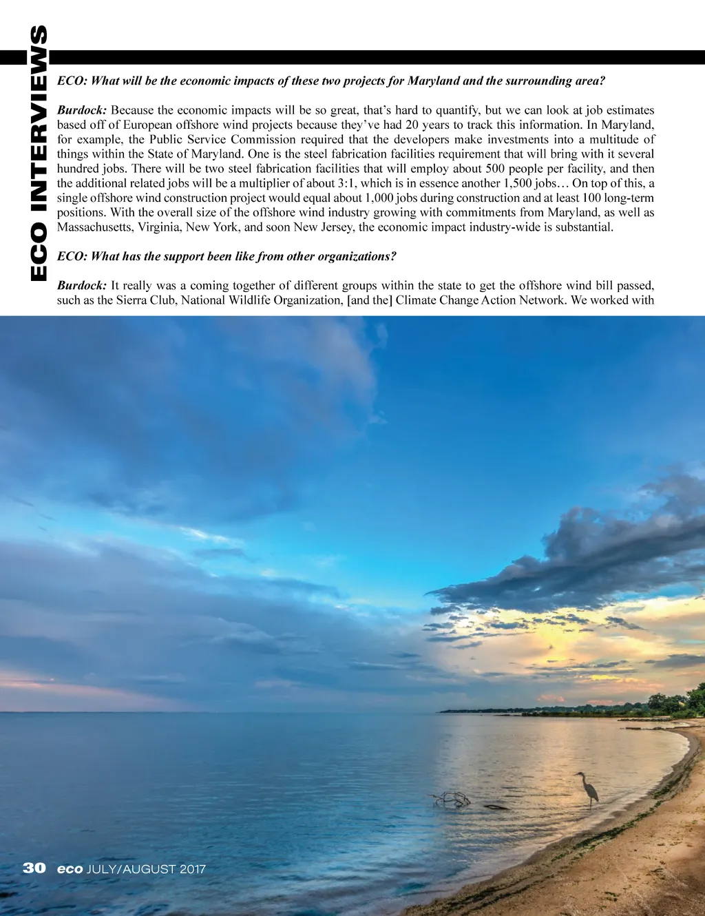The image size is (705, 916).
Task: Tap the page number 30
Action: (x=34, y=868)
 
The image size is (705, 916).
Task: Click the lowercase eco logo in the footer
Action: (x=70, y=869)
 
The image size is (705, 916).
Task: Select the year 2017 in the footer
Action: (x=193, y=869)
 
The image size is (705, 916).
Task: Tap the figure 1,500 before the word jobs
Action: (x=517, y=183)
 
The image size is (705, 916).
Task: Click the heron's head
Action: (x=578, y=775)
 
